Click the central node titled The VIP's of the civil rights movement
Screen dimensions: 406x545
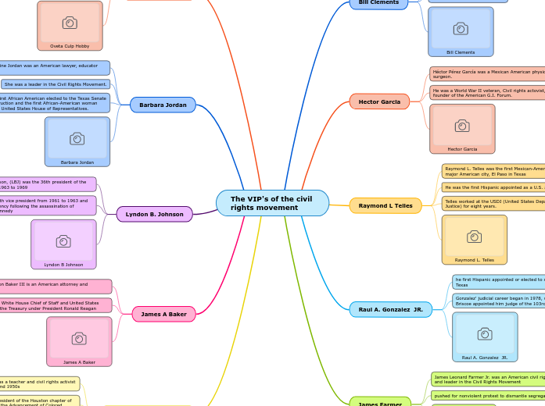click(272, 203)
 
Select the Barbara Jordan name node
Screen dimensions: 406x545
click(163, 105)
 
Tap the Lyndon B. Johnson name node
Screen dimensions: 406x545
click(154, 214)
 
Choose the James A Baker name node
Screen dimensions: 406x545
click(163, 314)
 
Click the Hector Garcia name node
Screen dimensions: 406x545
click(379, 101)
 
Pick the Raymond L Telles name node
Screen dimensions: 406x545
click(385, 205)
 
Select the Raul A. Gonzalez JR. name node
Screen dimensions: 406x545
click(390, 309)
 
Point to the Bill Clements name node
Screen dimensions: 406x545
click(378, 3)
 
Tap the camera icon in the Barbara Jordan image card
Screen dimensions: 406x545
click(77, 138)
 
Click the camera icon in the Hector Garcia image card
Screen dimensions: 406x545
click(462, 126)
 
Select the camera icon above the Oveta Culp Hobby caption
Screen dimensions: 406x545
click(70, 23)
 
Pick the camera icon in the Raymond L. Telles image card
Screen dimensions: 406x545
click(474, 237)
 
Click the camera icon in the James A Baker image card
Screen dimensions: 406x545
click(79, 338)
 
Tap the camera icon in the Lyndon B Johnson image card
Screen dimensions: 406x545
click(63, 241)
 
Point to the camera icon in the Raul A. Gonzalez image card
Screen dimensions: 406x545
click(485, 333)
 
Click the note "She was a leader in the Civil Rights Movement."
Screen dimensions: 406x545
click(56, 84)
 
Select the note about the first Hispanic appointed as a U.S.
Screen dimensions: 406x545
click(493, 187)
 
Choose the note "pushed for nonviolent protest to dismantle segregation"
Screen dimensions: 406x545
click(488, 396)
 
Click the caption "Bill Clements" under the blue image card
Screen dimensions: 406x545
click(461, 52)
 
